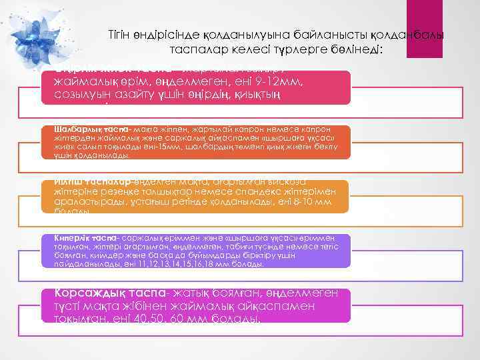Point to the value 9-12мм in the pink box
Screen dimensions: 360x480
pos(281,82)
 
